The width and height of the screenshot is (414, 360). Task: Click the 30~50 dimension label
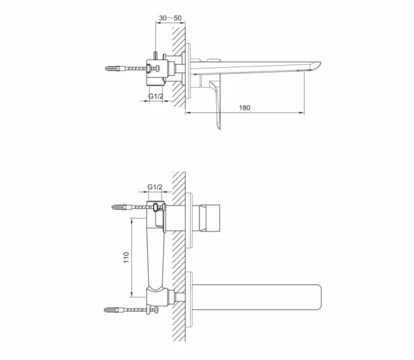(170, 18)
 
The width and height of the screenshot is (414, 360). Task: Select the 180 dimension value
(244, 107)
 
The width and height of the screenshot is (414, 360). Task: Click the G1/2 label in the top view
(155, 96)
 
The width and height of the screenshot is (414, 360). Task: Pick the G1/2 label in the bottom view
(154, 187)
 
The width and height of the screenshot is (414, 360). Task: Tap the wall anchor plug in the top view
(116, 68)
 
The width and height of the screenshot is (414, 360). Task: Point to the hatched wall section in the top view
(178, 64)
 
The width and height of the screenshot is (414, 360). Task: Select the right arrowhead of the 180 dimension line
(302, 112)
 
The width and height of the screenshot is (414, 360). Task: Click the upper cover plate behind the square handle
(189, 219)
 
